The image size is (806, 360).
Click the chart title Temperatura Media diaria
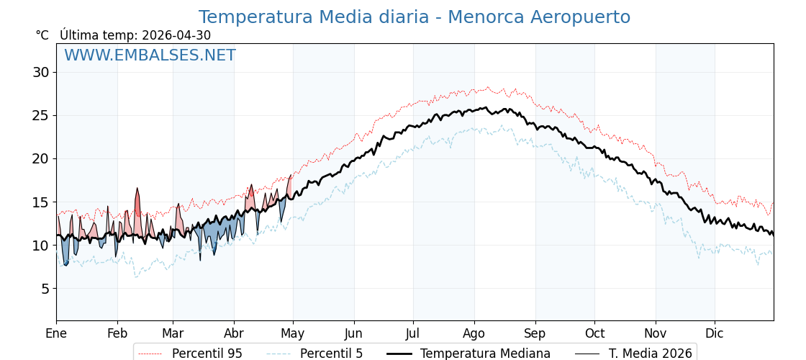[x=314, y=17]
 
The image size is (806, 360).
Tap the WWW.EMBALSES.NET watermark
[x=150, y=55]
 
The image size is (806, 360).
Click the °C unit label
[x=42, y=35]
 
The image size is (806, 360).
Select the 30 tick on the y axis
[x=42, y=72]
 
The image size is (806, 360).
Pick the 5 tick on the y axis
[x=46, y=289]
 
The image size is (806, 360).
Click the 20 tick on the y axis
[x=42, y=158]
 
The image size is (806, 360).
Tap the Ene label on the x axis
[x=56, y=333]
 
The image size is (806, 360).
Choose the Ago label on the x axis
[x=474, y=334]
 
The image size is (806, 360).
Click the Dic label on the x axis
[x=715, y=333]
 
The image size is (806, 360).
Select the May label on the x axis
[x=293, y=334]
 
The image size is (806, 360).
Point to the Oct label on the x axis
[x=594, y=333]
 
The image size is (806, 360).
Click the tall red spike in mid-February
[x=137, y=189]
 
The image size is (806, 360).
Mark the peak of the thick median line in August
[x=486, y=107]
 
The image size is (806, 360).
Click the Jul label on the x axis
[x=413, y=333]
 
